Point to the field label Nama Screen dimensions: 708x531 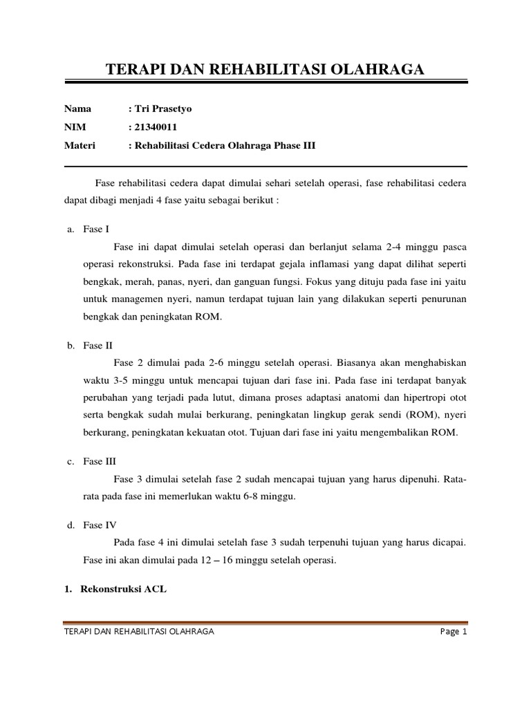(x=77, y=109)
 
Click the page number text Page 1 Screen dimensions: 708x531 (x=454, y=632)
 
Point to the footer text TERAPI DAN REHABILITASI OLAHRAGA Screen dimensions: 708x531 (x=138, y=632)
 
